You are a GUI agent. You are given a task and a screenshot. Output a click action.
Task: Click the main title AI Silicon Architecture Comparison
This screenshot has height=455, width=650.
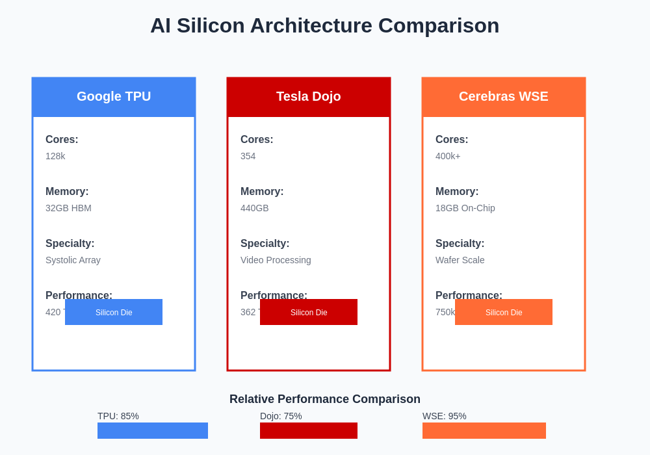[324, 25]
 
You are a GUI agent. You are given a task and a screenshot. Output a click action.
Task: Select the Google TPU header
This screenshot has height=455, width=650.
[114, 97]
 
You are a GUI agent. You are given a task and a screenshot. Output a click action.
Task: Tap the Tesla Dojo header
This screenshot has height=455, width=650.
[309, 97]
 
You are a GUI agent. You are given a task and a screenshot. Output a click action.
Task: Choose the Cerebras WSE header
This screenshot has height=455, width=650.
[504, 97]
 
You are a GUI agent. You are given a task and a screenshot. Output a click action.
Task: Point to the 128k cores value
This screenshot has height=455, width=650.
[55, 156]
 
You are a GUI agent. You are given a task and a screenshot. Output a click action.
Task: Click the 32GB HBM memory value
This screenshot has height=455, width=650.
[68, 208]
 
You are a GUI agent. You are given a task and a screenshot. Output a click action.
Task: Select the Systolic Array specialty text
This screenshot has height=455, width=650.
[73, 260]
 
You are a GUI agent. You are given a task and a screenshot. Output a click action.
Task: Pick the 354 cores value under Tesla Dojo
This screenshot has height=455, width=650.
[248, 156]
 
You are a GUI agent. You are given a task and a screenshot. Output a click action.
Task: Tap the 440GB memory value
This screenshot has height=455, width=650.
[254, 208]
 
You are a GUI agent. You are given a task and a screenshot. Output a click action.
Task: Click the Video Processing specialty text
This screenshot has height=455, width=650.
[276, 260]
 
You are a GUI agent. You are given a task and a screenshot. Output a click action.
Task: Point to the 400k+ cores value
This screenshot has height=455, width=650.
[448, 156]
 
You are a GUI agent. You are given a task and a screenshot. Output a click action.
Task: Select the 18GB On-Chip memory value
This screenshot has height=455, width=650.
[465, 208]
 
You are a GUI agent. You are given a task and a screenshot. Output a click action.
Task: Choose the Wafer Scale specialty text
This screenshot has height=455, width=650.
[460, 260]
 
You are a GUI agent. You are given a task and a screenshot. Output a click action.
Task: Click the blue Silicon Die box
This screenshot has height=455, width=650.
[114, 312]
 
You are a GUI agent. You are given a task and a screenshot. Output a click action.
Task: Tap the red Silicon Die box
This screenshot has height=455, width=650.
[309, 312]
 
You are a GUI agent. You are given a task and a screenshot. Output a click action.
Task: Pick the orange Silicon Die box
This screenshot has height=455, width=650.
[504, 312]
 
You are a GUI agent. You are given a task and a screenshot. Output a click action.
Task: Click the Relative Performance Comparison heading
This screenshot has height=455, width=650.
[325, 399]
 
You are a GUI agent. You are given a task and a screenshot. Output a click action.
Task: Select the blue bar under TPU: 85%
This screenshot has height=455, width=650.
[153, 430]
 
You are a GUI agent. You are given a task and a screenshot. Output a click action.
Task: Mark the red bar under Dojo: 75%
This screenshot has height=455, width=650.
[309, 430]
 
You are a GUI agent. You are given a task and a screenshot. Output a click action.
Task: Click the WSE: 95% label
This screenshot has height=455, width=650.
[445, 416]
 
